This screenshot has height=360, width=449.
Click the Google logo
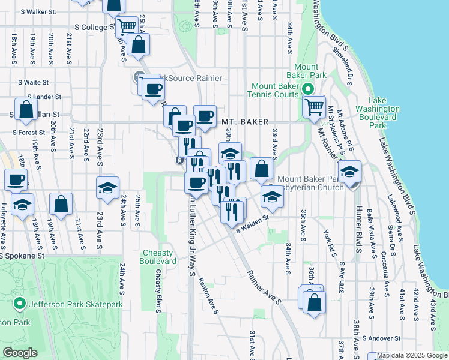[20, 353]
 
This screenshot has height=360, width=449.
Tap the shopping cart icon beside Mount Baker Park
[314, 107]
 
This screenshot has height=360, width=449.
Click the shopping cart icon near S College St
[127, 26]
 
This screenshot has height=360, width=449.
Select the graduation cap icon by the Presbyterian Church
[349, 172]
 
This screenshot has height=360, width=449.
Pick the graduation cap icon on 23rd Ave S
[107, 188]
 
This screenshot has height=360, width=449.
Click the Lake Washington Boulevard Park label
[385, 117]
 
